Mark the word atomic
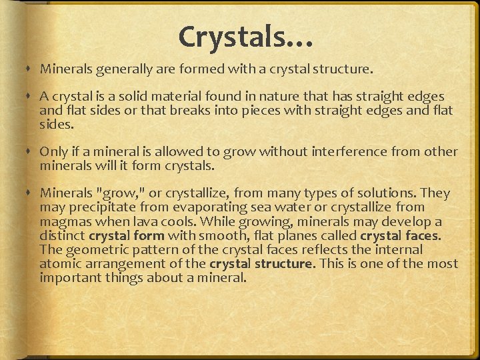click(62, 263)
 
